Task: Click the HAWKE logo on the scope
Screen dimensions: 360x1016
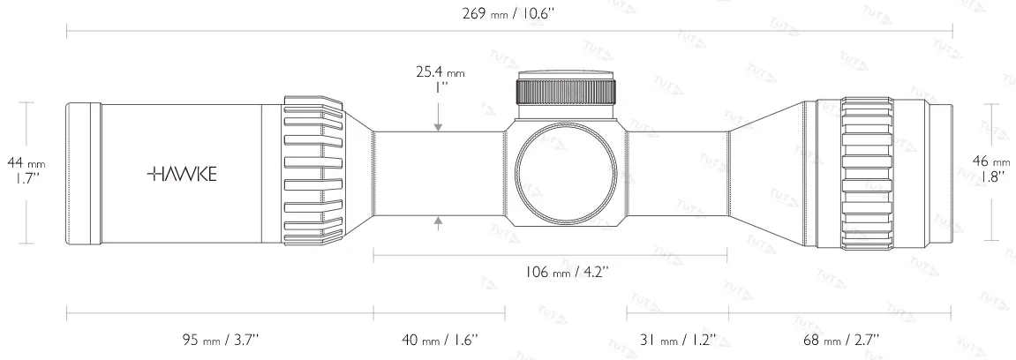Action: [181, 173]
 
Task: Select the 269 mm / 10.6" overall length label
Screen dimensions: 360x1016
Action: [508, 12]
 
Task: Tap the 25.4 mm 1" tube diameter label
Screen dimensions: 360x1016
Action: [439, 80]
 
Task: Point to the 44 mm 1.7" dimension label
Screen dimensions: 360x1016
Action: [26, 169]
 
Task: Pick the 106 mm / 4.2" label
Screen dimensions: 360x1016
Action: [551, 272]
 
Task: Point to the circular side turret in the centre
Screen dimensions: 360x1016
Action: [566, 173]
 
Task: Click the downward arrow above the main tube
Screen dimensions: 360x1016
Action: [439, 125]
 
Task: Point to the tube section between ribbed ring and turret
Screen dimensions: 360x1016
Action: [439, 173]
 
